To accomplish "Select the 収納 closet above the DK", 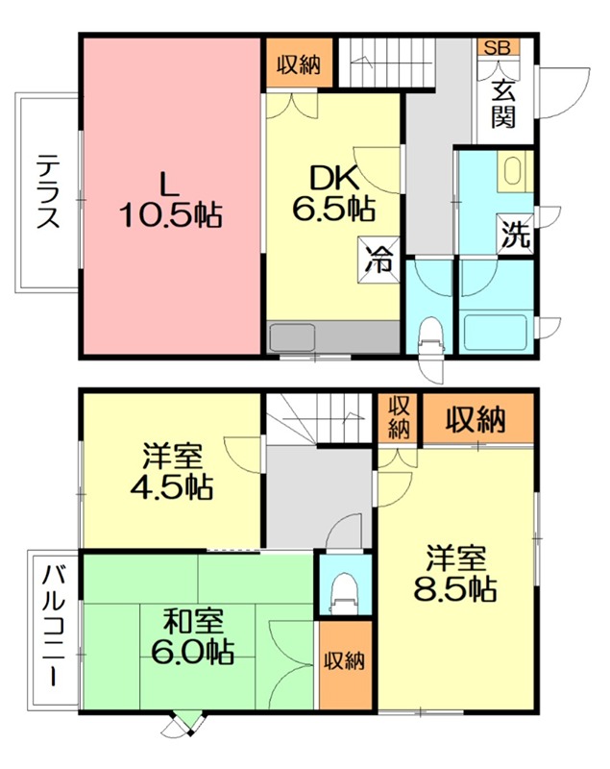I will click(299, 64).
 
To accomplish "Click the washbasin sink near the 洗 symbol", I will click(511, 174).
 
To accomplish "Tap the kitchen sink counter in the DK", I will click(332, 337).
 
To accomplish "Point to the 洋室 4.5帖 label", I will click(173, 471).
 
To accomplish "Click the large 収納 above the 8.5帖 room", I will click(476, 420).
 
